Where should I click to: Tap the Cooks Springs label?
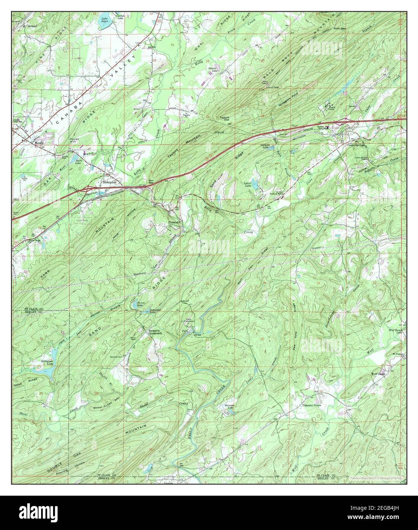click(x=356, y=145)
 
